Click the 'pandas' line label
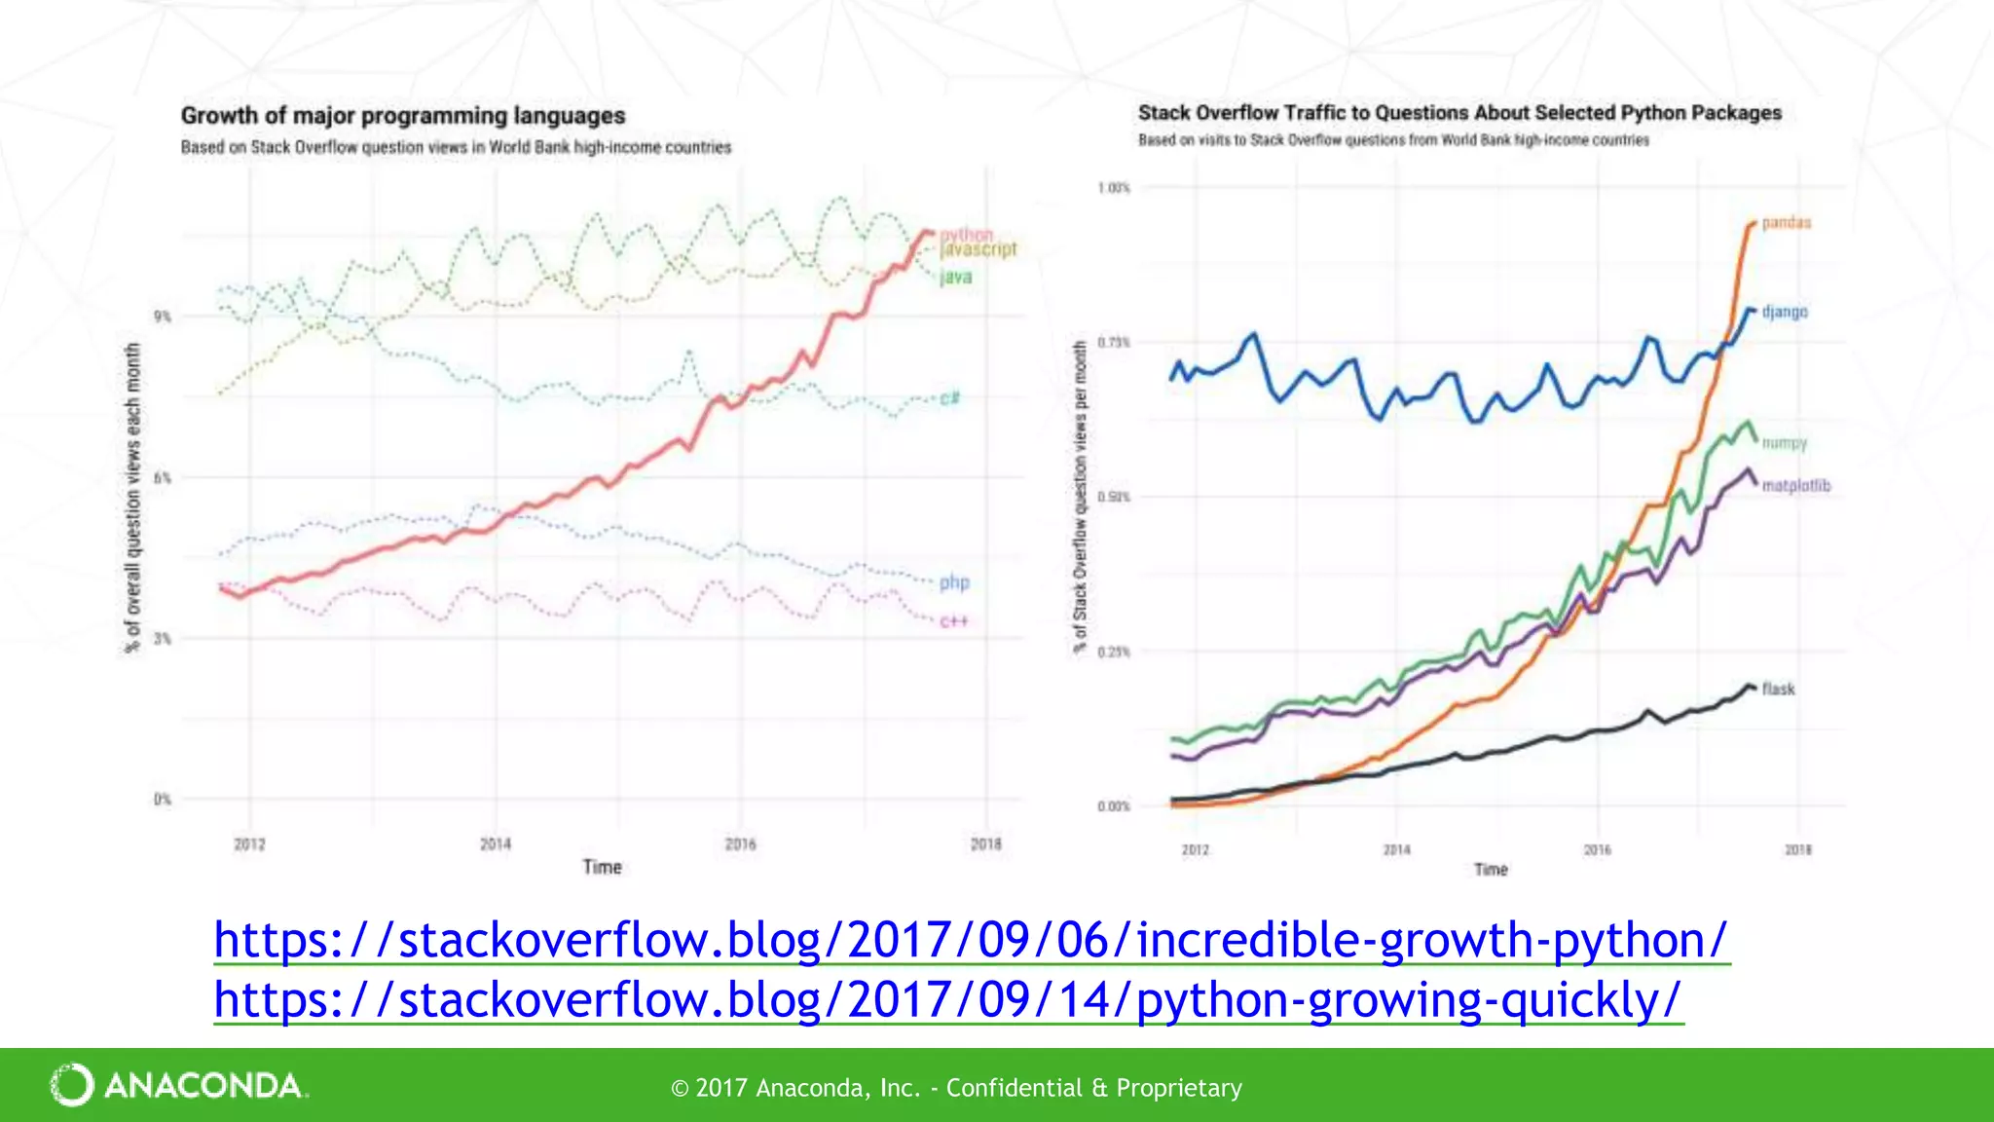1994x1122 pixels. tap(1786, 223)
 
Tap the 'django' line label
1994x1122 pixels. tap(1784, 312)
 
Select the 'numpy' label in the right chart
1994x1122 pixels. tap(1784, 443)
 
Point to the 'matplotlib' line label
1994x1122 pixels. tap(1795, 485)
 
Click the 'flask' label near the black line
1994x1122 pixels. tap(1778, 689)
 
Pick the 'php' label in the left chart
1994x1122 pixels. tap(954, 582)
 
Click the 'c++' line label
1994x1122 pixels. tap(953, 621)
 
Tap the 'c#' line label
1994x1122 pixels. tap(949, 397)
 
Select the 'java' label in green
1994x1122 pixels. tap(955, 277)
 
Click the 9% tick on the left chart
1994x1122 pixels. tap(162, 317)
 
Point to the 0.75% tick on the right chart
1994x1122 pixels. tap(1113, 343)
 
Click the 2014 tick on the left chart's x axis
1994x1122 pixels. tap(495, 844)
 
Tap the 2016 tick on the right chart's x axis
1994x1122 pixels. tap(1597, 850)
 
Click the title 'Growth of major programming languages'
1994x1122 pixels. tap(402, 116)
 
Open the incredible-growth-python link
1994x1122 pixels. tap(970, 941)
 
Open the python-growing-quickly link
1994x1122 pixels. tap(947, 1000)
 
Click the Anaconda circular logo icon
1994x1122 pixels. tap(72, 1085)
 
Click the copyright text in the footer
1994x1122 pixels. tap(956, 1088)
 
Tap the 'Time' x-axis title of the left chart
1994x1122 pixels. tap(602, 867)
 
